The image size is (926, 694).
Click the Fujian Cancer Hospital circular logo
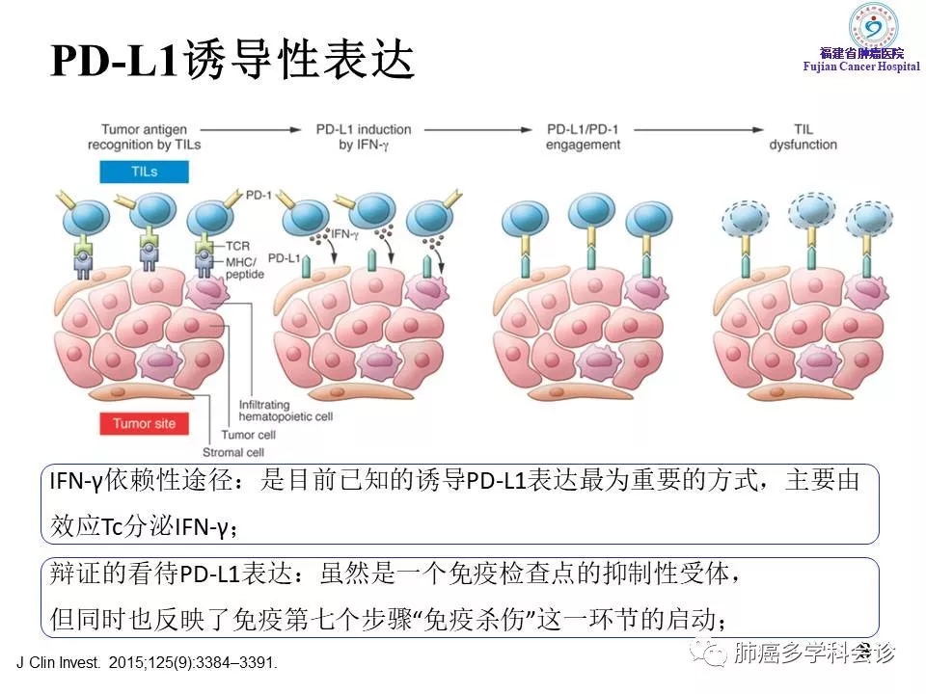pyautogui.click(x=872, y=26)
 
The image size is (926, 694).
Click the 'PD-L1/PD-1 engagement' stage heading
pyautogui.click(x=583, y=137)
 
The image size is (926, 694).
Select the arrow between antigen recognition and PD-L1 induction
pyautogui.click(x=256, y=129)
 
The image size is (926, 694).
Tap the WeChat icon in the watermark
pyautogui.click(x=715, y=654)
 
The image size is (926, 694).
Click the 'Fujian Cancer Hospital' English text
pyautogui.click(x=862, y=66)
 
